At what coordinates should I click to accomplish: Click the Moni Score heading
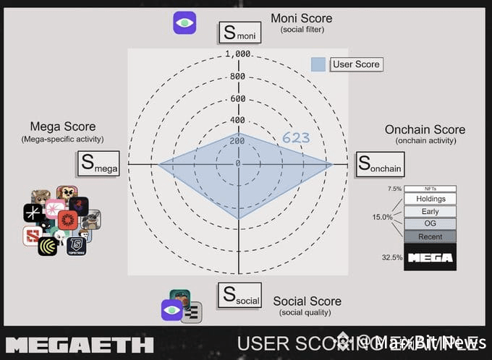302,17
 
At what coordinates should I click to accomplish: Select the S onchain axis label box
380,164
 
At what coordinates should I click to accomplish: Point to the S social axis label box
239,295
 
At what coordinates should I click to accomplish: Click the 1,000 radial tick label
238,54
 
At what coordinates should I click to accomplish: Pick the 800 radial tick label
238,77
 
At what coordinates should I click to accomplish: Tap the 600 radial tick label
238,99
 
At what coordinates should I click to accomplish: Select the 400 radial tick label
238,120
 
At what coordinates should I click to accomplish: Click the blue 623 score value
296,137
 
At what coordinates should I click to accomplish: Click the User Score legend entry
347,64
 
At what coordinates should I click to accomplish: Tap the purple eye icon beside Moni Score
184,23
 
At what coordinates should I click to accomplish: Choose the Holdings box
430,199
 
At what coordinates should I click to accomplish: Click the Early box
430,212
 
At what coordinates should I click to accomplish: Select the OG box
430,224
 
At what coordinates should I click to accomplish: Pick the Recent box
430,236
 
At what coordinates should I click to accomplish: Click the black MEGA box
430,257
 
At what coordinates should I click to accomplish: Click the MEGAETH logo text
80,344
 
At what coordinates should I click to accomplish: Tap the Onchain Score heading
425,130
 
